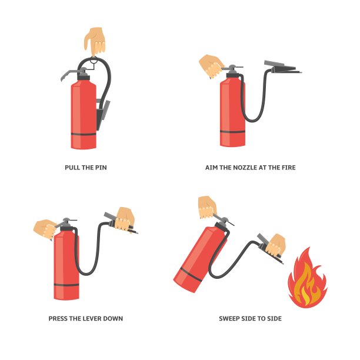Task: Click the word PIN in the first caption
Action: (101, 168)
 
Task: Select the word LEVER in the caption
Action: (92, 319)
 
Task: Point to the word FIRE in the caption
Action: (289, 168)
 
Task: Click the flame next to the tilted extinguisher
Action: (308, 278)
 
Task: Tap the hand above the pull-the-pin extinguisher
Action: (95, 41)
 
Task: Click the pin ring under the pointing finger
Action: (94, 61)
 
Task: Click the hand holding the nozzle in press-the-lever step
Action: (125, 219)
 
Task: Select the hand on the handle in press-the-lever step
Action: (45, 229)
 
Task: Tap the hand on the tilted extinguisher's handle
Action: (207, 207)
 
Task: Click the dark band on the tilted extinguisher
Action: (191, 274)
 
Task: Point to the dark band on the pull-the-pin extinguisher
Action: (84, 134)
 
